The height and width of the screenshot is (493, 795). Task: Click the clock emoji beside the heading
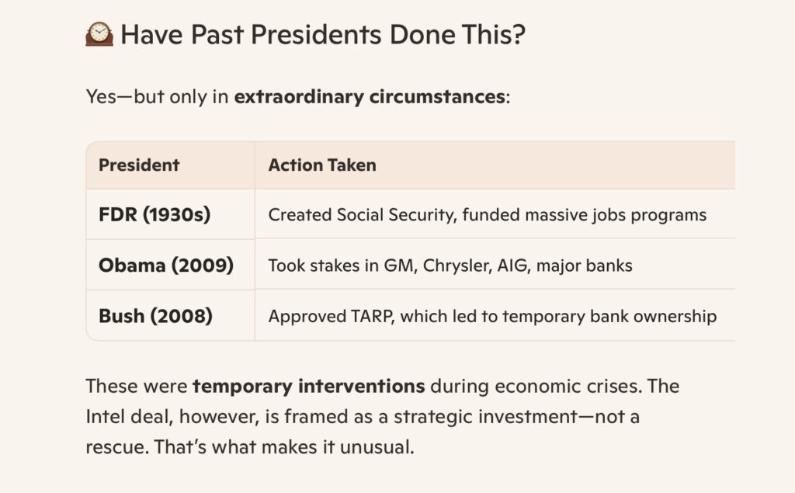(x=99, y=34)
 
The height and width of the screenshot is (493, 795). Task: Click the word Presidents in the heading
(x=317, y=34)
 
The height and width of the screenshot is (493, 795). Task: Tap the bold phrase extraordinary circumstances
(x=370, y=96)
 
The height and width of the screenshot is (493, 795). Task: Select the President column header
(x=139, y=165)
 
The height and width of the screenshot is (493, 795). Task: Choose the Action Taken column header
(x=322, y=165)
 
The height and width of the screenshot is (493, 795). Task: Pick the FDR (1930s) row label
(x=154, y=214)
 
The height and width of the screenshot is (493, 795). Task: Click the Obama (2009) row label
(x=166, y=266)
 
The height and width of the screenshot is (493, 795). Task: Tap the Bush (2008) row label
(x=155, y=316)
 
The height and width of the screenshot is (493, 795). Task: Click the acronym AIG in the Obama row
(x=514, y=266)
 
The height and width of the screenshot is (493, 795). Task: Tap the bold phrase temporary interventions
(x=309, y=387)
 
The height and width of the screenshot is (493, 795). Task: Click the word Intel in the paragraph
(x=105, y=417)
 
